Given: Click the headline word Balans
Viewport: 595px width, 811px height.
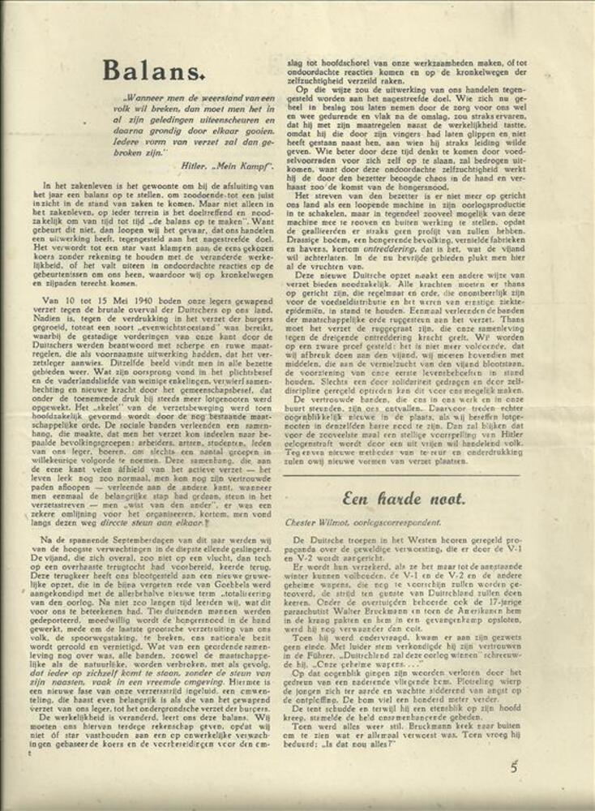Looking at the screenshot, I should (x=151, y=72).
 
